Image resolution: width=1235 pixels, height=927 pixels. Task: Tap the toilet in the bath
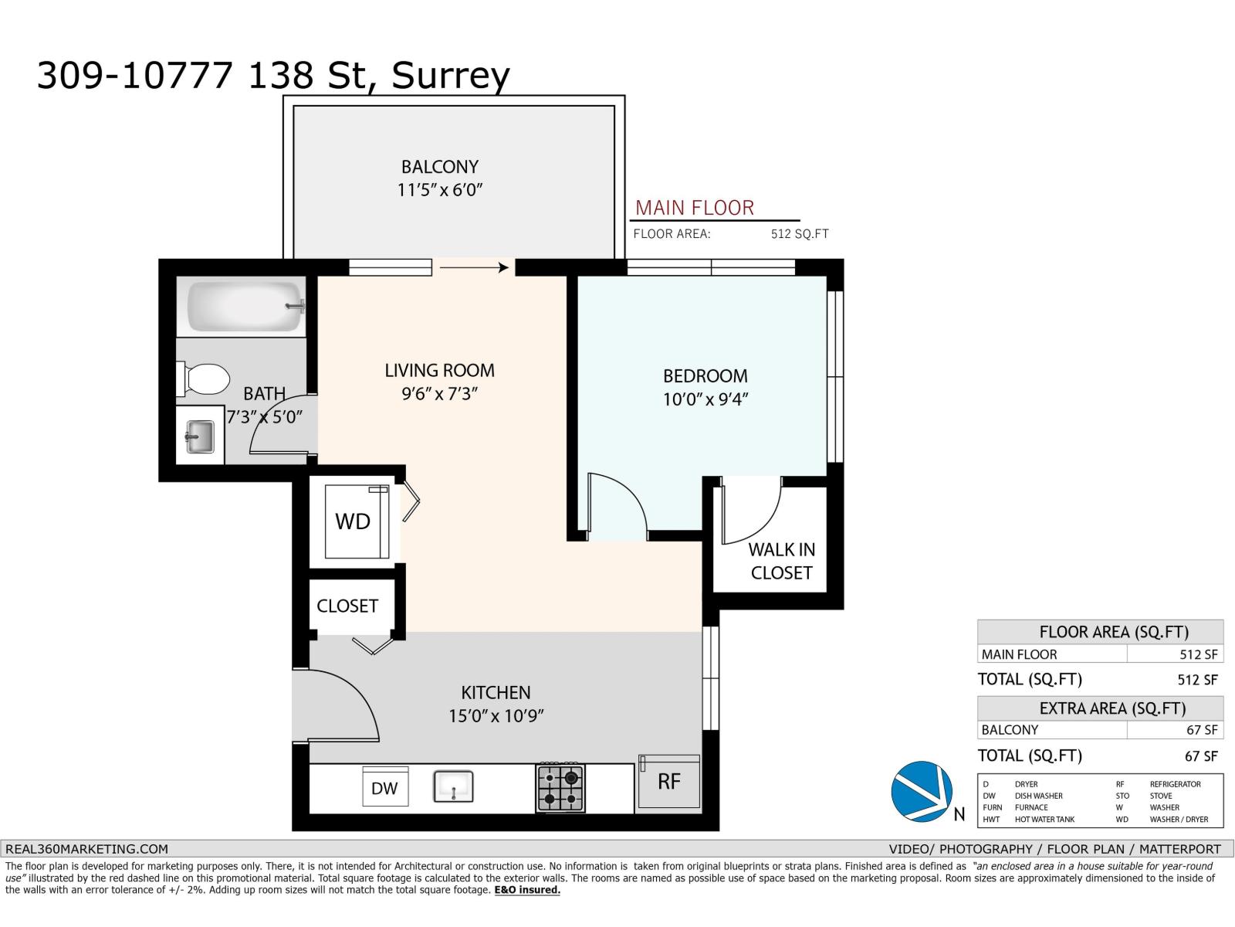[205, 379]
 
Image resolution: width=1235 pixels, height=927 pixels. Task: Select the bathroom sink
[200, 438]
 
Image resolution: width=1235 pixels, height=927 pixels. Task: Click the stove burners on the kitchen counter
[560, 788]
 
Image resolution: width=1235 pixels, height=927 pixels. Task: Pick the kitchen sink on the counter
[453, 787]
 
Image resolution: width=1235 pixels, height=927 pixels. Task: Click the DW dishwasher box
[384, 788]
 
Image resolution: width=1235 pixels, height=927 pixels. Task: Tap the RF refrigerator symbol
[669, 782]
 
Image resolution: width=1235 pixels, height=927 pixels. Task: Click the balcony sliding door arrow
[474, 267]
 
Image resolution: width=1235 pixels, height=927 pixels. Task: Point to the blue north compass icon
[920, 790]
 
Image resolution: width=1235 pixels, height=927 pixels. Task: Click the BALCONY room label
[439, 167]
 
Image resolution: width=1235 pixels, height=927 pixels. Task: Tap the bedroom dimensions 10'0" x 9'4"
[705, 399]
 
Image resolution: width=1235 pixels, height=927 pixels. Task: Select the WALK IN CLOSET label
[781, 561]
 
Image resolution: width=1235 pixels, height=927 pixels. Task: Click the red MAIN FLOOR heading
[694, 208]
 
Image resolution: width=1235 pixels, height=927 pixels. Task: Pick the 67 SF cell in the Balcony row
[1202, 730]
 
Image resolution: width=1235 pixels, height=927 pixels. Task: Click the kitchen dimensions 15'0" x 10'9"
[496, 716]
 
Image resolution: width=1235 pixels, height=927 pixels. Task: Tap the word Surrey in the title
[451, 76]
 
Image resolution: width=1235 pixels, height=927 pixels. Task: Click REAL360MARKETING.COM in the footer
[86, 848]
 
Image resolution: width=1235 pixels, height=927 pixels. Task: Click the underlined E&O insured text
[527, 890]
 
